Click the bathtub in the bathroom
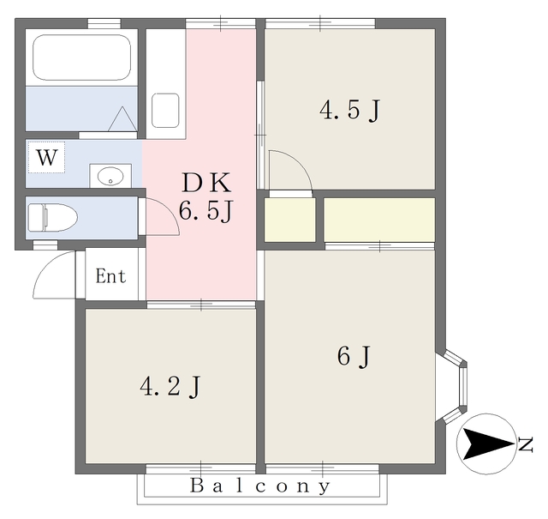point(82,57)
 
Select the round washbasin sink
point(110,176)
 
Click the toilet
point(51,217)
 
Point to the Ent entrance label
point(110,276)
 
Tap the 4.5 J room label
point(349,111)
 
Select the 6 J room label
point(352,356)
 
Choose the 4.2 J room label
point(170,387)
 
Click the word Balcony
point(259,487)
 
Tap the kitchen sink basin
point(165,110)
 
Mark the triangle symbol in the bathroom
point(122,118)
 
